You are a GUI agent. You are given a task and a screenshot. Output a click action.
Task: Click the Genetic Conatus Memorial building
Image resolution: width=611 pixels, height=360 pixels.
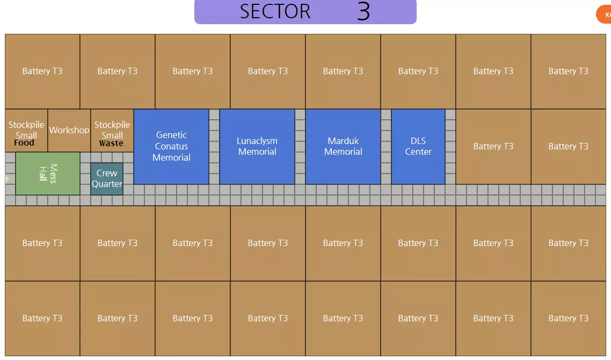click(171, 146)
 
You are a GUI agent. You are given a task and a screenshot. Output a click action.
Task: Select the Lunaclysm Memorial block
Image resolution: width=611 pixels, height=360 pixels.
click(257, 146)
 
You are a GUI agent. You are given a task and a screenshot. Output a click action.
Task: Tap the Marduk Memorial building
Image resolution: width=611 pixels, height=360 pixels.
click(343, 146)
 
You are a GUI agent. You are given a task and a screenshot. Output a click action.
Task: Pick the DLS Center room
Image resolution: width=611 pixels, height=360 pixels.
click(418, 146)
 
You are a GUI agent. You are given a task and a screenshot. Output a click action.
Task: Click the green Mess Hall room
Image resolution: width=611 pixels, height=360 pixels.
click(48, 173)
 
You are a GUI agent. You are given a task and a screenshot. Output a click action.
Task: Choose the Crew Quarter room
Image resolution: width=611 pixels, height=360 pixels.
click(107, 178)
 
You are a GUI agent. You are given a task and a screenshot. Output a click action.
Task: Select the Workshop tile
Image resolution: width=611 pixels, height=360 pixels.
click(69, 130)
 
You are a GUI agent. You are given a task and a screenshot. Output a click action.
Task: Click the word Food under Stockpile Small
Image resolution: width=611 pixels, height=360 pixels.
click(24, 143)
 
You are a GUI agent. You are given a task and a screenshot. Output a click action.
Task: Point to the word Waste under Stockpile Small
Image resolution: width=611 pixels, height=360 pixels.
click(111, 143)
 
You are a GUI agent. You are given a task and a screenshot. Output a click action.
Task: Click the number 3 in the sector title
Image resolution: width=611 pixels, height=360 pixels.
click(363, 12)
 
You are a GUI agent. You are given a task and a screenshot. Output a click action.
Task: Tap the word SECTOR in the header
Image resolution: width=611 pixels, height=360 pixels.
click(275, 12)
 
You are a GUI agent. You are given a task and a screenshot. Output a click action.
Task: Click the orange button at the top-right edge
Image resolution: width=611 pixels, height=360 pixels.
click(605, 15)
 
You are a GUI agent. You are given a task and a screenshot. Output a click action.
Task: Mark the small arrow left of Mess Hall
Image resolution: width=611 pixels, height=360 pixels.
click(7, 178)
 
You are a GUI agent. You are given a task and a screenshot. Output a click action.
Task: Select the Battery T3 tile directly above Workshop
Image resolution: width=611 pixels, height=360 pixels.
click(118, 71)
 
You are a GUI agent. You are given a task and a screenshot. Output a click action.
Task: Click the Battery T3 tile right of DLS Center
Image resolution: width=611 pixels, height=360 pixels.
click(493, 146)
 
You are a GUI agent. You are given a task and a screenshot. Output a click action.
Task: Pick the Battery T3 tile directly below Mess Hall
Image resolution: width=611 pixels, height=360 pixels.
click(42, 243)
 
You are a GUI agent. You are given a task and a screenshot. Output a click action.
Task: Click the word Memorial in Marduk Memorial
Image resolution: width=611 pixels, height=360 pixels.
click(343, 152)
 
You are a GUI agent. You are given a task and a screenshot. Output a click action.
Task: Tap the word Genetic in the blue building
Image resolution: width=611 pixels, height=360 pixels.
click(171, 135)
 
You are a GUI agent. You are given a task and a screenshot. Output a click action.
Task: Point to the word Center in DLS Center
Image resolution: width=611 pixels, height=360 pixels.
click(418, 152)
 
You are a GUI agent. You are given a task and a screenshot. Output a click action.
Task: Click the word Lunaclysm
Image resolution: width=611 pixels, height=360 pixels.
click(257, 141)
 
